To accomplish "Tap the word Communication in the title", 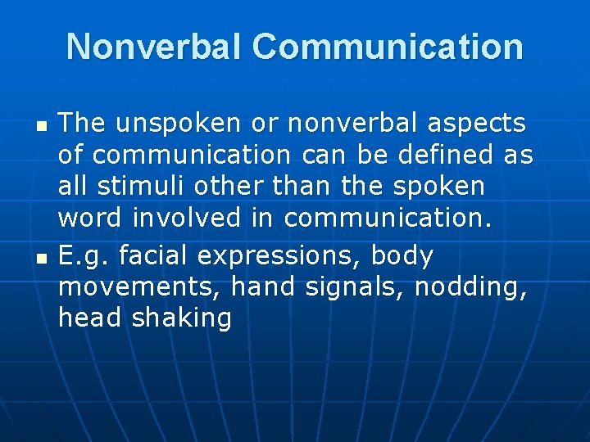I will pyautogui.click(x=388, y=47).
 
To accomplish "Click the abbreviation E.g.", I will pyautogui.click(x=84, y=256).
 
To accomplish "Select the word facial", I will pyautogui.click(x=154, y=255).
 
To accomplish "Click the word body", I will pyautogui.click(x=402, y=256).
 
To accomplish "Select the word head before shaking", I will pyautogui.click(x=91, y=318).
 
